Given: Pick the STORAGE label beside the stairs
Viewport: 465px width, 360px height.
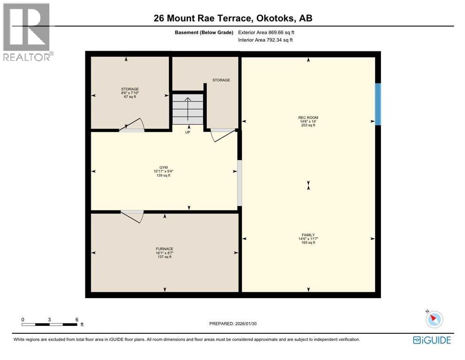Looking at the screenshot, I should tap(221, 80).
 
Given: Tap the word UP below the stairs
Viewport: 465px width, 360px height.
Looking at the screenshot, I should tap(187, 132).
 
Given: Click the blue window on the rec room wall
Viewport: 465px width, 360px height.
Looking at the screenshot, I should tap(378, 104).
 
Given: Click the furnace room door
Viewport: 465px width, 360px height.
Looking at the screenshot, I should tap(132, 216).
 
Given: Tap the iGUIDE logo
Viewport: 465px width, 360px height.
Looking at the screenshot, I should tap(432, 340).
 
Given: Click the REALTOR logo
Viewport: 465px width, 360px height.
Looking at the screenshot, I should tap(27, 32).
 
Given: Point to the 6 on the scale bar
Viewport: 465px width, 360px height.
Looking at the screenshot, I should tap(77, 319).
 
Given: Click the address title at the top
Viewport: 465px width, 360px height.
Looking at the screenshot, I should tap(233, 18).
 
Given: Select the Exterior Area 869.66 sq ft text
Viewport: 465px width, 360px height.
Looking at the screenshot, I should tap(266, 33).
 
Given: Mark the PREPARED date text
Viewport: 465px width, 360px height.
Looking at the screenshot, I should tap(233, 323).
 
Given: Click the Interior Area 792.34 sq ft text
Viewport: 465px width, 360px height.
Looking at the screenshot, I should tap(266, 40).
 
